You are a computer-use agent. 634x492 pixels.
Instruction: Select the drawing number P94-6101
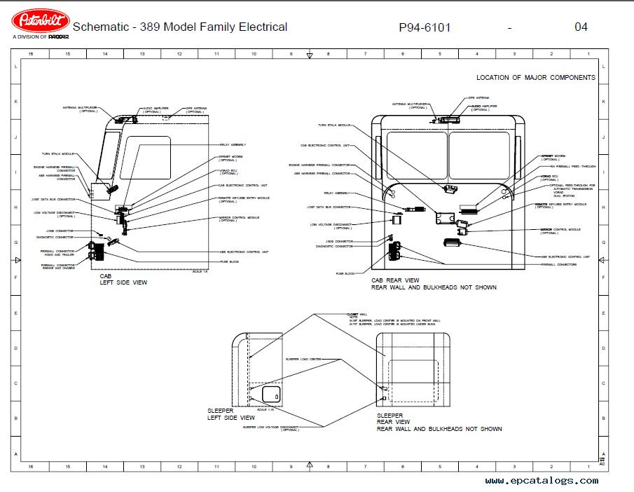pos(425,27)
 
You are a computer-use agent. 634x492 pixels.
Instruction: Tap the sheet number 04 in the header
pos(581,27)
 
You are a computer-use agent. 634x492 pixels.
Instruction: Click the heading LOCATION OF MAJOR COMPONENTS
pos(536,78)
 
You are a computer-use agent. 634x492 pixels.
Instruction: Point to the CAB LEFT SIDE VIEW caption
pos(123,280)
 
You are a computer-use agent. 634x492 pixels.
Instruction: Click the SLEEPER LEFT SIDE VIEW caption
pos(231,414)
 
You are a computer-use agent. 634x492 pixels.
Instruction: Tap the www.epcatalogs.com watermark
pos(542,481)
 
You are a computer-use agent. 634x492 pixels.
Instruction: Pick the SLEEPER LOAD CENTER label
pos(303,359)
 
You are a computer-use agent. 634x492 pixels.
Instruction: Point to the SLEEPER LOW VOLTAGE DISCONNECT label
pos(271,427)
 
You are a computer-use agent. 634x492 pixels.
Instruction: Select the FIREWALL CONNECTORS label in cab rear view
pos(559,264)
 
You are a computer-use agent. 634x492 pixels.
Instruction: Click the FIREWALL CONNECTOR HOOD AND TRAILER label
pos(57,252)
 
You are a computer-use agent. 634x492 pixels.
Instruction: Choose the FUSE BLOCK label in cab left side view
pos(230,261)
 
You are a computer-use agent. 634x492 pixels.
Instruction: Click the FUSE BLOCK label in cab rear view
pos(345,273)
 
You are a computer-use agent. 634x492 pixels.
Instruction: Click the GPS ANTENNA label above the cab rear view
pos(478,98)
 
